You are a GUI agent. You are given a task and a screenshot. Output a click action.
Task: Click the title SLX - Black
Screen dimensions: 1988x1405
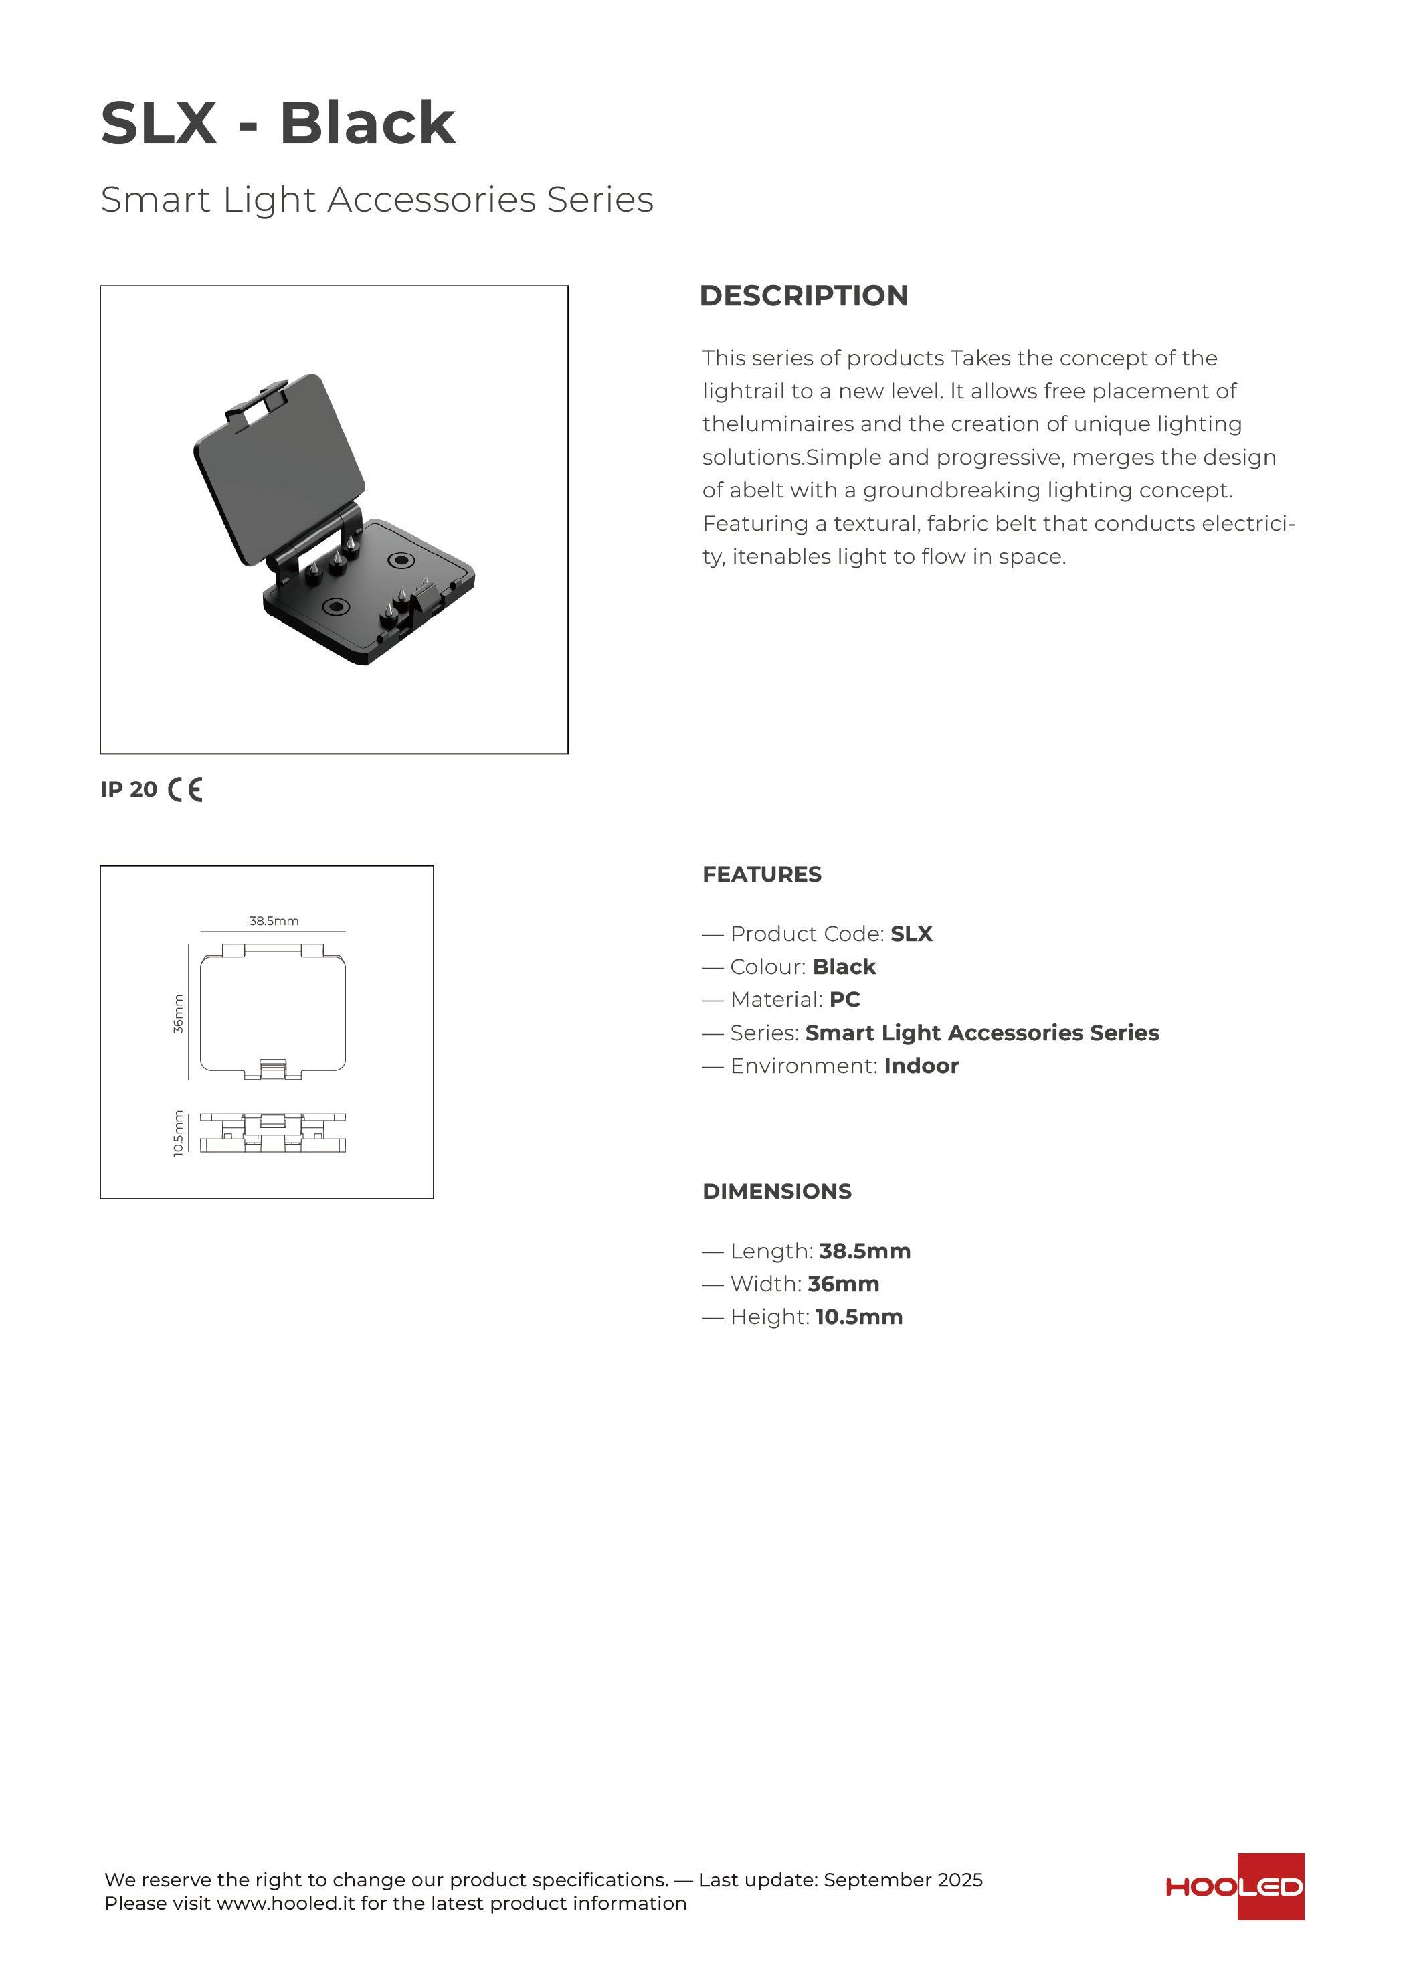pos(277,123)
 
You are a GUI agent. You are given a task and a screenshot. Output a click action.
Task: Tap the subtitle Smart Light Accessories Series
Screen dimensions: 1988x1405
pos(377,199)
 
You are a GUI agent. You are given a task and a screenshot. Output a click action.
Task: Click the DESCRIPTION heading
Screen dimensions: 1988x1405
pos(804,295)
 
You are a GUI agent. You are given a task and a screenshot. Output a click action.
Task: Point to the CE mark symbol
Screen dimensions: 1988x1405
pos(185,790)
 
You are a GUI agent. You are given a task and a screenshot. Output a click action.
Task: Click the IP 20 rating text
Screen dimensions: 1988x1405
pos(129,790)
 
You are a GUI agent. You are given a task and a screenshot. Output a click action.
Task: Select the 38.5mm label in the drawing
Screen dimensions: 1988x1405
pos(274,921)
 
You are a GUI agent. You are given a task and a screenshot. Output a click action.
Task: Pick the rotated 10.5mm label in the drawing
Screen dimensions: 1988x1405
pos(179,1133)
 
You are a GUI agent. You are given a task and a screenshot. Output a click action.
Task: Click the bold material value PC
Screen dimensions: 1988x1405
pos(844,1000)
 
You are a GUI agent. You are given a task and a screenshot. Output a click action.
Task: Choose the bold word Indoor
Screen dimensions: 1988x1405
pos(921,1066)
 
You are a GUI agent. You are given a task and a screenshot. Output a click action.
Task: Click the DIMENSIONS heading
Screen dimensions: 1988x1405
pos(777,1191)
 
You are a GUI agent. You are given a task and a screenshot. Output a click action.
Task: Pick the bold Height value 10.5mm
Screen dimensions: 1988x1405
pos(859,1317)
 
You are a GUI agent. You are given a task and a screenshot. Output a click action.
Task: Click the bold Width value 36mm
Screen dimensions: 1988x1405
pos(843,1284)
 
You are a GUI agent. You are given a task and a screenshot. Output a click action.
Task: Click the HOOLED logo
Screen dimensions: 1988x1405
pos(1234,1887)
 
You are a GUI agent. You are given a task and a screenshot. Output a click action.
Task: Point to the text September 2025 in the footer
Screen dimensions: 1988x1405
pos(903,1880)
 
